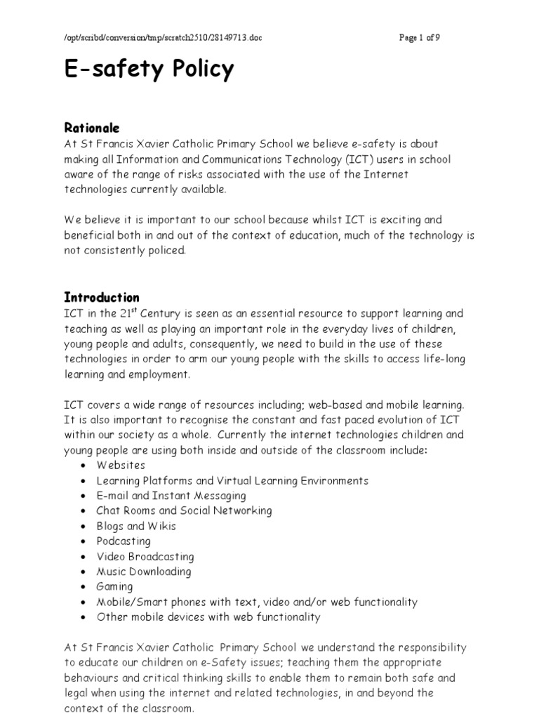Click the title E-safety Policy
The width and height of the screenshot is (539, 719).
[149, 70]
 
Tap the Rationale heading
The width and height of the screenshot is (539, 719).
[92, 128]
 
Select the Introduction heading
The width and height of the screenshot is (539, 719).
[102, 297]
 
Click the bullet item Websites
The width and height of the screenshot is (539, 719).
[121, 465]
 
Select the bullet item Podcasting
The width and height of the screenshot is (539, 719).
[123, 541]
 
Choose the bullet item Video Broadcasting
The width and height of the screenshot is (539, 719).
[145, 556]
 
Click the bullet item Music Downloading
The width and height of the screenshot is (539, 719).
[143, 572]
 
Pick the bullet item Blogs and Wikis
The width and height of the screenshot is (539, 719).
[136, 526]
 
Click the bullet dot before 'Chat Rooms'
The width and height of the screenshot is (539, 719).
[84, 511]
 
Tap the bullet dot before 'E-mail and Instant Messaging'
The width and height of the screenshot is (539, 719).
[84, 496]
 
